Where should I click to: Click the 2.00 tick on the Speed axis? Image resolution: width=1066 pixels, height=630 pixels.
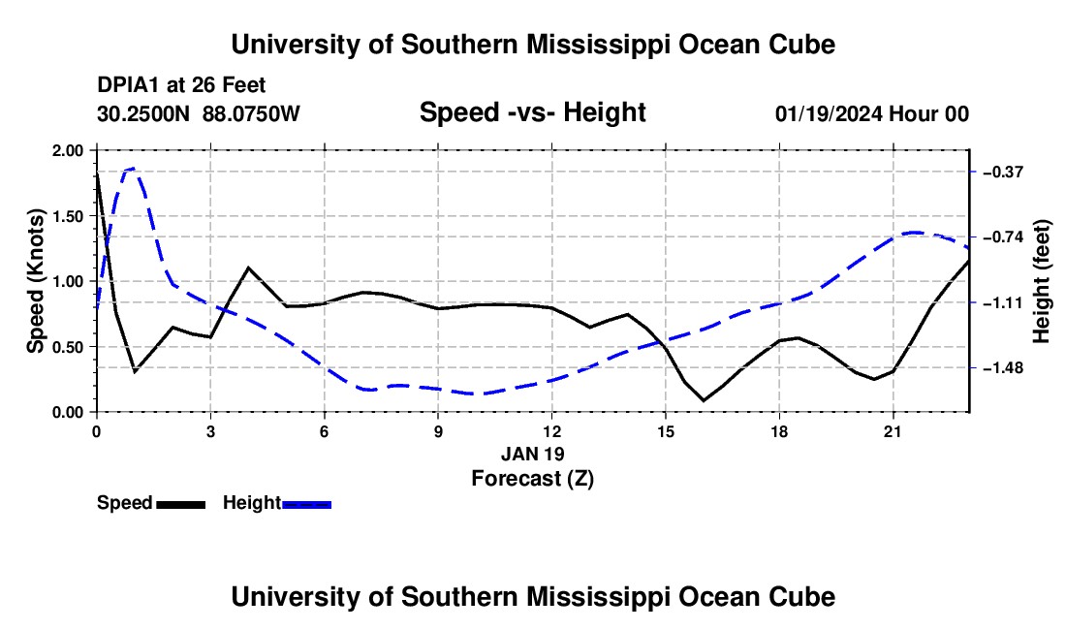pyautogui.click(x=67, y=150)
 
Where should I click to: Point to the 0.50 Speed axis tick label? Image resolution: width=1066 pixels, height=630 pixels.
pyautogui.click(x=67, y=347)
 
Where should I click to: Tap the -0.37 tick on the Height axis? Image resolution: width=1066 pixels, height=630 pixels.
pyautogui.click(x=1003, y=172)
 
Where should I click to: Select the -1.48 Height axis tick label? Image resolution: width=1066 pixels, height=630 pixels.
pyautogui.click(x=1003, y=368)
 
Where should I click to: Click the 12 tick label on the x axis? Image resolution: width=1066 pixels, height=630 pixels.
pyautogui.click(x=552, y=431)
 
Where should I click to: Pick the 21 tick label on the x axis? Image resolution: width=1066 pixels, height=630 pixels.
pyautogui.click(x=893, y=431)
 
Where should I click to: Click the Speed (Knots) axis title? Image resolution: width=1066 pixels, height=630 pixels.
pyautogui.click(x=35, y=281)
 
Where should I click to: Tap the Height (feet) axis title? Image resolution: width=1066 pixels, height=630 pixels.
pyautogui.click(x=1041, y=281)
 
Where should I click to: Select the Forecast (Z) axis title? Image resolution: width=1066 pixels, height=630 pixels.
pyautogui.click(x=533, y=479)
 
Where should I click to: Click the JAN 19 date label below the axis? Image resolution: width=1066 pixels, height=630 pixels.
pyautogui.click(x=533, y=454)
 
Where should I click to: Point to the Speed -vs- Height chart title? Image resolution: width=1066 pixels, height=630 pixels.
pyautogui.click(x=532, y=112)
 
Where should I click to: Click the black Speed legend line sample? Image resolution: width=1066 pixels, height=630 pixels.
pyautogui.click(x=181, y=504)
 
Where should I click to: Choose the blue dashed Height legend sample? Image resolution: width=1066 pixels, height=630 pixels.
pyautogui.click(x=306, y=504)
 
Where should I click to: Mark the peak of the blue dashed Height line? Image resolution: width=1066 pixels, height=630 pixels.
pyautogui.click(x=132, y=169)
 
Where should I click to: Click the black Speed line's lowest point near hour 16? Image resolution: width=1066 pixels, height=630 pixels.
pyautogui.click(x=705, y=400)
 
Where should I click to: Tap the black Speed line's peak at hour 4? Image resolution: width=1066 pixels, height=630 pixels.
pyautogui.click(x=248, y=268)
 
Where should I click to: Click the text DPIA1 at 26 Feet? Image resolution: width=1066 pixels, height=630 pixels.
pyautogui.click(x=181, y=85)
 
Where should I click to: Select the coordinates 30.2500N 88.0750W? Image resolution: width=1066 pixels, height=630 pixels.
pyautogui.click(x=199, y=113)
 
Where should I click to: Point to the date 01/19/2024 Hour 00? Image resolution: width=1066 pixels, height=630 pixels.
pyautogui.click(x=872, y=113)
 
